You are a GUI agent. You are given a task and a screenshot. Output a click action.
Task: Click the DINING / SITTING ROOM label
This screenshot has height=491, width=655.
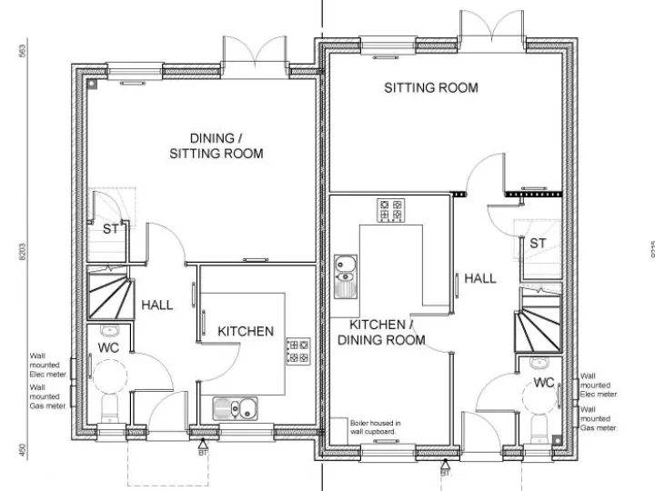click(x=216, y=146)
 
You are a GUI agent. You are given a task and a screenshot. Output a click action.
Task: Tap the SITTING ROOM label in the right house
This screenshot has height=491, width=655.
click(x=430, y=88)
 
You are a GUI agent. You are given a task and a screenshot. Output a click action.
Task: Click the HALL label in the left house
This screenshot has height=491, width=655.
click(x=156, y=306)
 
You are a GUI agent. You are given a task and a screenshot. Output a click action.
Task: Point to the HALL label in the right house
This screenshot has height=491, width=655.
click(x=480, y=278)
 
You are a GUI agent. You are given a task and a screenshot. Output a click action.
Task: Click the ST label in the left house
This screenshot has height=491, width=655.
click(x=110, y=230)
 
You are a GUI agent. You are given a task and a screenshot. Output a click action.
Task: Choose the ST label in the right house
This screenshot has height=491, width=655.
click(x=538, y=244)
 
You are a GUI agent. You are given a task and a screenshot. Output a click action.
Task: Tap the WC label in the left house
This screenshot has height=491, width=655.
click(x=108, y=348)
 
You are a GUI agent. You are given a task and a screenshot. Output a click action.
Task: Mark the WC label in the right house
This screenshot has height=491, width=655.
click(x=544, y=381)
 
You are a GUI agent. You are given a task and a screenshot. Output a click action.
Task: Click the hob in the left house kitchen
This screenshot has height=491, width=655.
click(x=297, y=351)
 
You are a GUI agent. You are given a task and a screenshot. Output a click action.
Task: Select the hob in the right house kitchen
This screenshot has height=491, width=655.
click(x=391, y=211)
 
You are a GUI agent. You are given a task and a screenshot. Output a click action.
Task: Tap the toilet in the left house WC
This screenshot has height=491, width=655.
click(x=108, y=407)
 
